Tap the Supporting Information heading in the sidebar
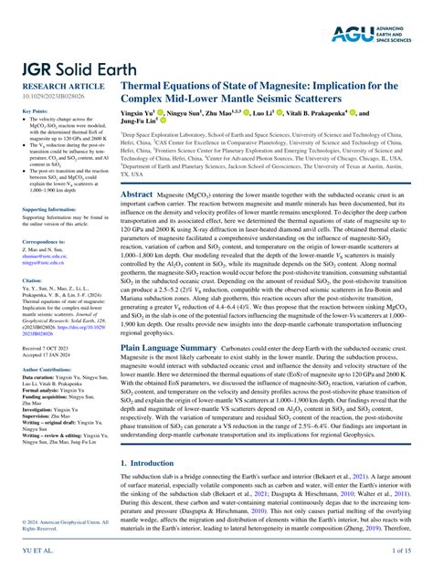(51, 209)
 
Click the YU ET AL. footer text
(34, 551)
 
